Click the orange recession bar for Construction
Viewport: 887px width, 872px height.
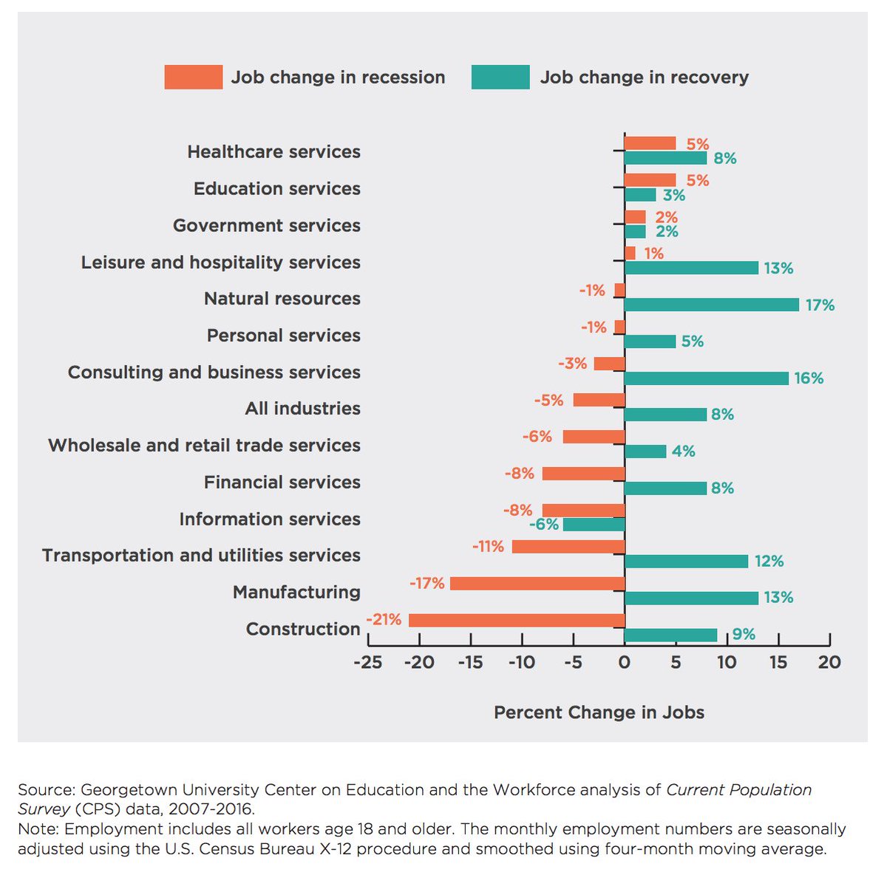point(517,620)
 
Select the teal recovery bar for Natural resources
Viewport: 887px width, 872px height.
point(711,304)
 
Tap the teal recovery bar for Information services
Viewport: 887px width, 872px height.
point(594,525)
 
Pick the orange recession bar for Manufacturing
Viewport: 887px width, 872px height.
point(537,583)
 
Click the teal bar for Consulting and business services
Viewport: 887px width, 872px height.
point(706,378)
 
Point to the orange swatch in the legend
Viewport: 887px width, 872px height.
point(193,77)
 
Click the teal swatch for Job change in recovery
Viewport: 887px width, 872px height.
point(500,77)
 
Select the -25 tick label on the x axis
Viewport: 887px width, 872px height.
point(368,662)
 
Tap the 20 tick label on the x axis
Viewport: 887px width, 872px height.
point(829,662)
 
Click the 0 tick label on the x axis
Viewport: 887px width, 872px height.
point(625,662)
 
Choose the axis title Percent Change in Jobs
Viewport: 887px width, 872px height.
point(599,712)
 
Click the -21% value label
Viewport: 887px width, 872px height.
point(384,619)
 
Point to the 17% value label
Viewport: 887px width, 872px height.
point(820,305)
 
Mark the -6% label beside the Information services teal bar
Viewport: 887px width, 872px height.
point(543,525)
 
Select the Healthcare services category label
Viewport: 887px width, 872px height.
point(273,151)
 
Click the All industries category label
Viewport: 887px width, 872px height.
point(302,409)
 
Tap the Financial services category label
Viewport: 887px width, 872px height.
point(282,483)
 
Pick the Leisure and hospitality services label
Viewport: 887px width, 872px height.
point(220,262)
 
